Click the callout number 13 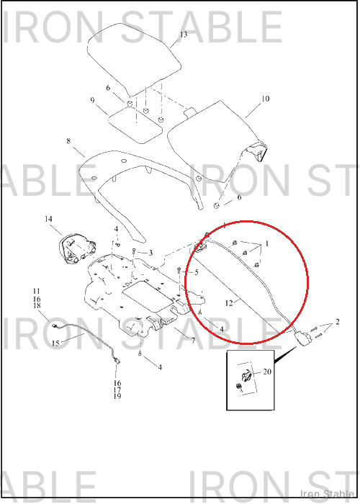(x=184, y=35)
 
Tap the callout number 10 (x=265, y=99)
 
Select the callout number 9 (x=93, y=100)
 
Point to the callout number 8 (x=68, y=141)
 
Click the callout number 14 (x=48, y=219)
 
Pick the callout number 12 (x=229, y=303)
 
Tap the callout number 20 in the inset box (x=267, y=372)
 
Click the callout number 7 (x=193, y=340)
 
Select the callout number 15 (x=55, y=343)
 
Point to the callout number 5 (x=197, y=272)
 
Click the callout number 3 (x=150, y=253)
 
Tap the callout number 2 (x=337, y=321)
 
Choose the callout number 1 (x=266, y=244)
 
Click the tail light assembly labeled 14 (x=76, y=250)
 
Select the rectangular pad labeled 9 (x=135, y=125)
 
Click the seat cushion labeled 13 (x=135, y=60)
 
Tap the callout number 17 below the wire (x=117, y=390)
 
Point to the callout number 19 (x=117, y=396)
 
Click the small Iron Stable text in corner (x=327, y=494)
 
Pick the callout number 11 (x=36, y=291)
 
